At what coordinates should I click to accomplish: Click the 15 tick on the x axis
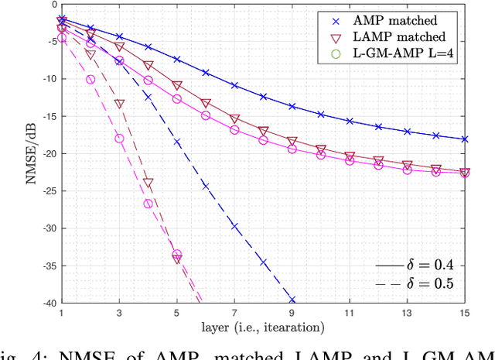coord(465,314)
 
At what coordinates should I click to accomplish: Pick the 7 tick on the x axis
coord(234,314)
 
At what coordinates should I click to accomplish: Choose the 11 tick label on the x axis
coord(350,314)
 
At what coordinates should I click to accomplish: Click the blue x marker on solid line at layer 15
coord(465,139)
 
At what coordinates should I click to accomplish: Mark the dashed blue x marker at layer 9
coord(292,300)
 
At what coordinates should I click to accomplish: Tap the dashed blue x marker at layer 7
coord(234,226)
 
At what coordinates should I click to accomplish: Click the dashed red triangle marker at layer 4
coord(148,183)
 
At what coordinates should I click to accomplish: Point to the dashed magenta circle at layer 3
coord(119,139)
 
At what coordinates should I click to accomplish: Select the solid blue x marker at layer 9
coord(292,106)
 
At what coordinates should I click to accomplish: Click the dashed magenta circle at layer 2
coord(90,79)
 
